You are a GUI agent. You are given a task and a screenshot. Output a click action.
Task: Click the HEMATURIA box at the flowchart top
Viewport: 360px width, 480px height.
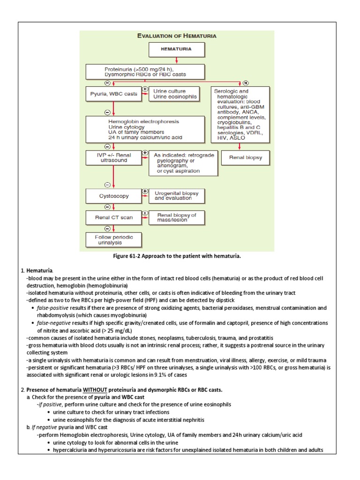click(x=176, y=49)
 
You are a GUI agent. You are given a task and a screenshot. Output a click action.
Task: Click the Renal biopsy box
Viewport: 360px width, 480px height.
click(x=242, y=158)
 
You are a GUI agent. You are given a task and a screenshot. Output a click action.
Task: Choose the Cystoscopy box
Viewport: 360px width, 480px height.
click(x=113, y=196)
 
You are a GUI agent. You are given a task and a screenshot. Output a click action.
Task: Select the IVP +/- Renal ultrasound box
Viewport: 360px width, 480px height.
click(x=113, y=157)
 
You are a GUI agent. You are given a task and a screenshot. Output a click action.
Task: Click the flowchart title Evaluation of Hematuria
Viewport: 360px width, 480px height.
click(x=176, y=35)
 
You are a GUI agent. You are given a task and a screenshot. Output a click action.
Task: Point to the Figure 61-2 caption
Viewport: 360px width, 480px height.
click(x=177, y=256)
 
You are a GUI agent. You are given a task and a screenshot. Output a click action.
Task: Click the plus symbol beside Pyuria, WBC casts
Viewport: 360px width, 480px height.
click(x=145, y=89)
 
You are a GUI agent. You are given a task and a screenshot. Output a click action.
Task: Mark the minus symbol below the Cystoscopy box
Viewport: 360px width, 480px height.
click(x=107, y=207)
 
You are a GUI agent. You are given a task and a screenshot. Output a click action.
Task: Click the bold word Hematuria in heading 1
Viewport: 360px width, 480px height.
click(x=39, y=271)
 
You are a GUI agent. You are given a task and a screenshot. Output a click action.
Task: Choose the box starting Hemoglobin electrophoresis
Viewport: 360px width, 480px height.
click(x=145, y=129)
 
